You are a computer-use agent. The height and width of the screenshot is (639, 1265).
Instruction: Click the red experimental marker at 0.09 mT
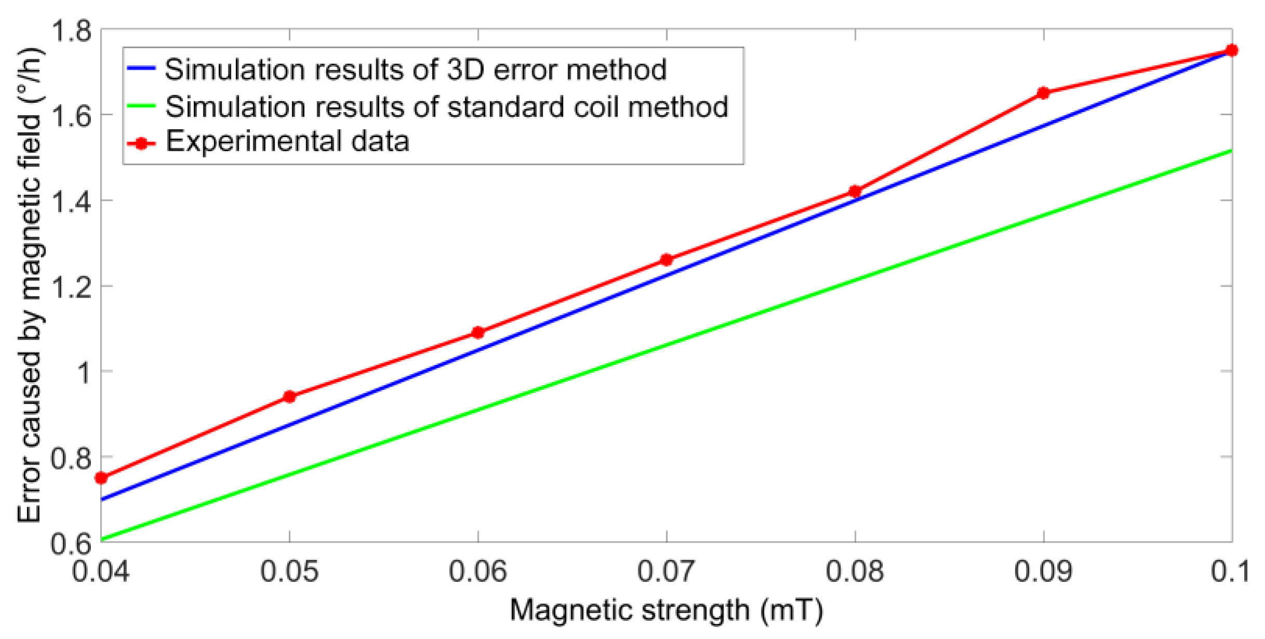(x=1043, y=93)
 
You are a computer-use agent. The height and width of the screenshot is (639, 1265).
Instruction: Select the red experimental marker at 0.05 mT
(x=290, y=397)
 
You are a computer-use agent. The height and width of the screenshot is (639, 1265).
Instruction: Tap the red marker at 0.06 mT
(x=478, y=333)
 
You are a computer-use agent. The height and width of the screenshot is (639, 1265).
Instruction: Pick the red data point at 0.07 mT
(x=666, y=260)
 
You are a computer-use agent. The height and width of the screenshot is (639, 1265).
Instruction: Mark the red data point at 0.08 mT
(x=855, y=192)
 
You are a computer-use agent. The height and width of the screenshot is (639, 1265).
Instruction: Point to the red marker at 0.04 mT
(x=101, y=478)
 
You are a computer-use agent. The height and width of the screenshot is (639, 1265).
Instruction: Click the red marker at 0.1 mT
(x=1231, y=50)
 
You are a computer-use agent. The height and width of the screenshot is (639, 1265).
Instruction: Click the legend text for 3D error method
(x=415, y=70)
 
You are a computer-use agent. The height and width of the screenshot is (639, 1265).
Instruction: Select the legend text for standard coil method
(x=447, y=107)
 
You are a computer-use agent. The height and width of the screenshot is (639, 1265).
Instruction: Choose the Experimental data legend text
(x=287, y=142)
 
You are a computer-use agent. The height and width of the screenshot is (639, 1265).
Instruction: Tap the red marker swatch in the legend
(x=141, y=144)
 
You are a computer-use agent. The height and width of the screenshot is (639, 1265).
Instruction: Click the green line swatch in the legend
(x=141, y=106)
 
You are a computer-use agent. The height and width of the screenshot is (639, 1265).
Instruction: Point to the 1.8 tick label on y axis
(x=71, y=31)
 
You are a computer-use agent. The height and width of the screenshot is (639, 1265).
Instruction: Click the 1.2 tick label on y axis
(x=71, y=287)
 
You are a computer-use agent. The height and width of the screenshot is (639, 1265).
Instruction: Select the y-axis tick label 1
(x=83, y=372)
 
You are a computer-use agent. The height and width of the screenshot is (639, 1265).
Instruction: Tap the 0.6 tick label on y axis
(x=71, y=544)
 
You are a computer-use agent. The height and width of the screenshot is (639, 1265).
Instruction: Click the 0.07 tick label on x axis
(x=666, y=572)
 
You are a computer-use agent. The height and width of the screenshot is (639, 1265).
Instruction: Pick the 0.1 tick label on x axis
(x=1230, y=572)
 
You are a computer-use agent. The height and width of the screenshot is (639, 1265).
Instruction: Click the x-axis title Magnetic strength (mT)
(x=666, y=610)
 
